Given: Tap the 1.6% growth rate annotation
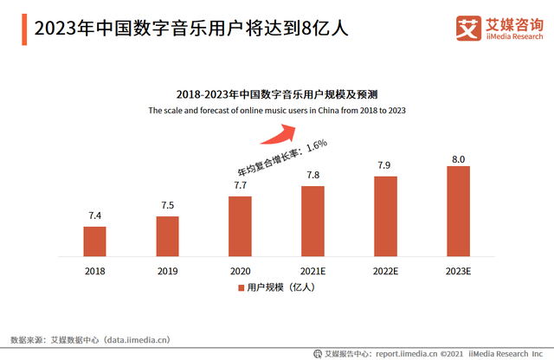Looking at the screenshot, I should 313,144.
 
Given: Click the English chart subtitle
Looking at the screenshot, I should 277,111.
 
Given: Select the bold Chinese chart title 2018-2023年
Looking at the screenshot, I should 277,93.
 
